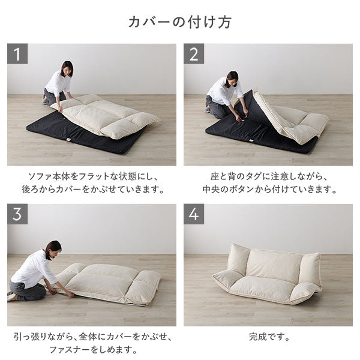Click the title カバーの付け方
pyautogui.click(x=180, y=22)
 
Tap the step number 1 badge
pyautogui.click(x=17, y=54)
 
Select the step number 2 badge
pyautogui.click(x=194, y=54)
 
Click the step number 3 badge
pyautogui.click(x=17, y=214)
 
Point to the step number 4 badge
pyautogui.click(x=194, y=214)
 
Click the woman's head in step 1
pyautogui.click(x=67, y=68)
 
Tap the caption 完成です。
pyautogui.click(x=268, y=337)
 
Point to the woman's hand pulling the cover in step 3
pyautogui.click(x=71, y=294)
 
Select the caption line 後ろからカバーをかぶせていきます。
pyautogui.click(x=91, y=191)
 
